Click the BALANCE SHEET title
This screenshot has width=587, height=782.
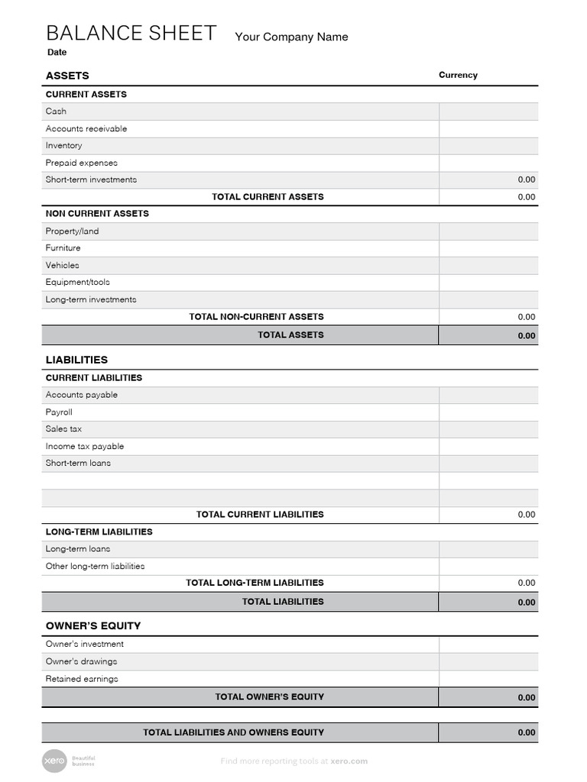(131, 33)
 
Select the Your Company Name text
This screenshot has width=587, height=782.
(291, 37)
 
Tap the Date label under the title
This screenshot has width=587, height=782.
(57, 53)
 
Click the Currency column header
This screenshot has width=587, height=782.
(458, 75)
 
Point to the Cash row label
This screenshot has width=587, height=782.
(56, 111)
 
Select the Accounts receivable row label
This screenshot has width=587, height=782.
(86, 128)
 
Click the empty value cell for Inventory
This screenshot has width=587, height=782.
(488, 146)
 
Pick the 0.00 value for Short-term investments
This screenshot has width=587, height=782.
(526, 180)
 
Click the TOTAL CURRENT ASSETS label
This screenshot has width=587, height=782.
(268, 197)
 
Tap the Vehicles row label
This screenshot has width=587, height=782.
(62, 265)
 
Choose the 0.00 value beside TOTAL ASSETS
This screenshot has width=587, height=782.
(526, 336)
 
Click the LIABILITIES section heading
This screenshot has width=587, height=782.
(76, 360)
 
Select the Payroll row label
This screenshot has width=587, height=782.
(59, 412)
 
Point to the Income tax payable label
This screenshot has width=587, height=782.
(85, 446)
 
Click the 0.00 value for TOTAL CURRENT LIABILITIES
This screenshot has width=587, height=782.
(526, 515)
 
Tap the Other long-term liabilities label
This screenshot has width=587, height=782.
(95, 566)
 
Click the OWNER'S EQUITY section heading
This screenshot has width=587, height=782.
(93, 625)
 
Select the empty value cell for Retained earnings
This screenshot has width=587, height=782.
(488, 679)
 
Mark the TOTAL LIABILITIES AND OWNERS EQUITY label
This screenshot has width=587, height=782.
(233, 732)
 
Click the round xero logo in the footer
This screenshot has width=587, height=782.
(54, 761)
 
